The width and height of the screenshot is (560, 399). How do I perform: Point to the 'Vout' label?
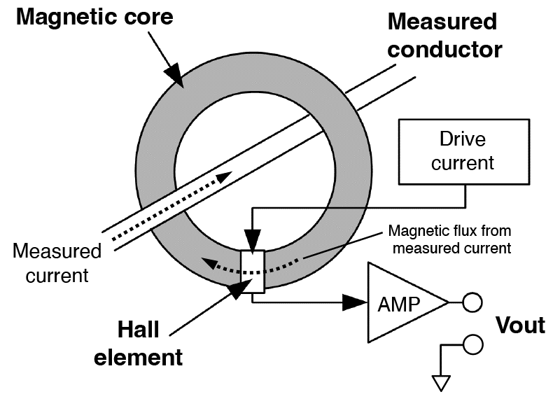pos(519,325)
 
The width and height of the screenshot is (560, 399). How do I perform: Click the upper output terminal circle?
pos(472,303)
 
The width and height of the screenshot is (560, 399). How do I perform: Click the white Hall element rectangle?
pos(252,271)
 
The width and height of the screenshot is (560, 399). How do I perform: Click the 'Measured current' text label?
pos(57,262)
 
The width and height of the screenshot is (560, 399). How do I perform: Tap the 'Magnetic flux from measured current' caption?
pos(450,238)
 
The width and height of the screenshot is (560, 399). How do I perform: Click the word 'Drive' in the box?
pos(462,139)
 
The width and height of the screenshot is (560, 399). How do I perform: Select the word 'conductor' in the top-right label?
pos(444,50)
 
